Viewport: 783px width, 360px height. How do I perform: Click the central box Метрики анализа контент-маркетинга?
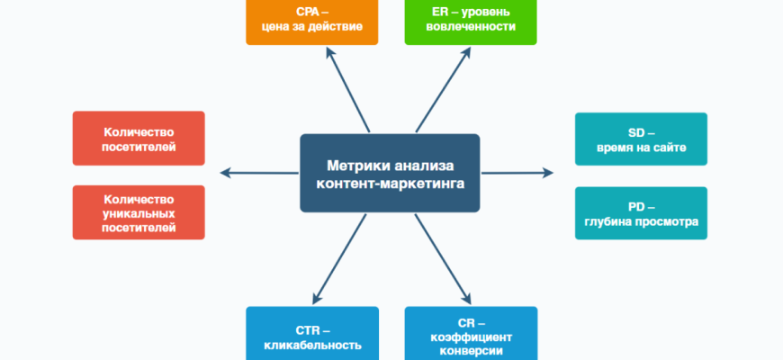tap(390, 173)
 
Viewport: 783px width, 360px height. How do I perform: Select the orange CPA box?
tap(311, 21)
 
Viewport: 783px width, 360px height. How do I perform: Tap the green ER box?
tap(471, 21)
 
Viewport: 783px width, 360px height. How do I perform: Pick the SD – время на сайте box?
tap(641, 139)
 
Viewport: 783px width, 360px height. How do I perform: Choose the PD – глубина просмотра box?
tap(641, 212)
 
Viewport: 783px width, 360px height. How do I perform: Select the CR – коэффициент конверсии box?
tap(471, 335)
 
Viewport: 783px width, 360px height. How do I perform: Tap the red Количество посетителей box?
tap(139, 138)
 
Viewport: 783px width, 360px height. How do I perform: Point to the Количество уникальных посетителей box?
tap(139, 212)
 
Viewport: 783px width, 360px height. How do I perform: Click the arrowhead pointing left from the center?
tap(225, 173)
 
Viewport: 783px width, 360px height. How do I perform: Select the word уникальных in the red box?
tap(139, 213)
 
